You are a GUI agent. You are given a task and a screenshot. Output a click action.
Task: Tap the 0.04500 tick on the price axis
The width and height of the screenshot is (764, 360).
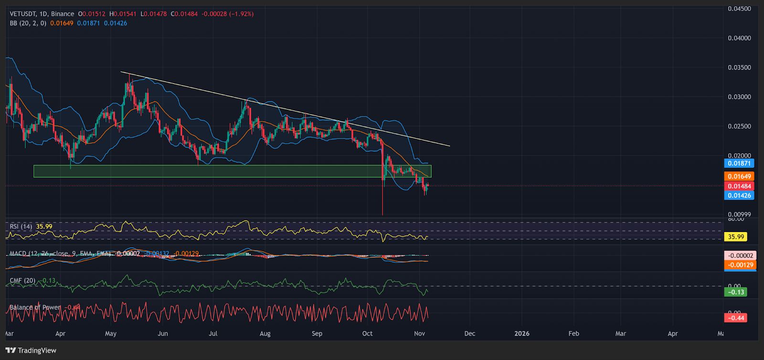739,9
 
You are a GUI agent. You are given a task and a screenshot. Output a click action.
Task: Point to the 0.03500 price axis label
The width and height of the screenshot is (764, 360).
739,67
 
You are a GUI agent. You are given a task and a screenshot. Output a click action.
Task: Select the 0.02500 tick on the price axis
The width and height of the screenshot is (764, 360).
739,126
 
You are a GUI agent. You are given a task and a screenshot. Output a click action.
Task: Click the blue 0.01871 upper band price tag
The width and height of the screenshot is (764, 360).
739,163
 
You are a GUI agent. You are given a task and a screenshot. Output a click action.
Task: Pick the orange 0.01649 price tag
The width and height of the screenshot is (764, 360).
739,176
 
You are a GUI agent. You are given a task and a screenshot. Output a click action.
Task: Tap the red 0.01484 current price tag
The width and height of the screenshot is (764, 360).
739,186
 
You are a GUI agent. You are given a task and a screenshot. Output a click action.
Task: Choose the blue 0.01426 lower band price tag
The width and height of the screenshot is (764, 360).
739,195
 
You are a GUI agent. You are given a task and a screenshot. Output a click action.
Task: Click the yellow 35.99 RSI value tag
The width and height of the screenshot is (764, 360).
735,237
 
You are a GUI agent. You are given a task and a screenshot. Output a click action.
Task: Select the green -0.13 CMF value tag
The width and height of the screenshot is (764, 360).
735,292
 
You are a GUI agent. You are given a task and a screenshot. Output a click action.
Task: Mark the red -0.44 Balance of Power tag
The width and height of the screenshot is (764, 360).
735,318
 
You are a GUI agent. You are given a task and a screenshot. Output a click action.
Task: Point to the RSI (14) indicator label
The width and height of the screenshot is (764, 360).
21,226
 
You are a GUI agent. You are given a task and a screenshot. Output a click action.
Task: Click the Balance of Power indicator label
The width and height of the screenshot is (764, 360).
35,307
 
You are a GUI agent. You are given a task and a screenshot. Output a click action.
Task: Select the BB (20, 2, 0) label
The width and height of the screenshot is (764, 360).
28,23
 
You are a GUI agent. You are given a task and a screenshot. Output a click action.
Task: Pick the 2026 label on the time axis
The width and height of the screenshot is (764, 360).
522,333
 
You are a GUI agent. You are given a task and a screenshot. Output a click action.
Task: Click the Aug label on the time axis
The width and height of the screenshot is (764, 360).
265,333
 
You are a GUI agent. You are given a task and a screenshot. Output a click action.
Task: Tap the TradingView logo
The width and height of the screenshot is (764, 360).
31,350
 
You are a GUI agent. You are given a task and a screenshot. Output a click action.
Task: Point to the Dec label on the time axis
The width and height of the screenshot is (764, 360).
470,333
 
